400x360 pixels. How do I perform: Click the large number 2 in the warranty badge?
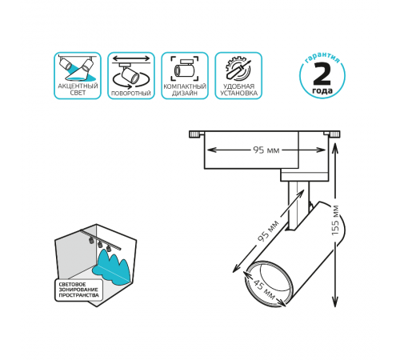tap(322, 74)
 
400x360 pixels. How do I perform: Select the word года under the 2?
tap(322, 90)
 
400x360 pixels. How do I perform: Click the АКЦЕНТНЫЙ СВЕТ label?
tap(78, 90)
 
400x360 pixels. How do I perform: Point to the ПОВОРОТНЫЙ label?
tap(131, 94)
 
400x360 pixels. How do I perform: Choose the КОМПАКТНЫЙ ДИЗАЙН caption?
tap(185, 90)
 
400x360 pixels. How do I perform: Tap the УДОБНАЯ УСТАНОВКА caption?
tap(238, 90)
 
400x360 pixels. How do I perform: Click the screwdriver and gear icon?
tap(238, 69)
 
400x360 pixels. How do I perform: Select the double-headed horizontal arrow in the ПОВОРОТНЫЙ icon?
tap(131, 58)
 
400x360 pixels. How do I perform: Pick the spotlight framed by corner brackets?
tap(185, 68)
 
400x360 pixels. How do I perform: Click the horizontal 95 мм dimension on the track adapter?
tap(266, 150)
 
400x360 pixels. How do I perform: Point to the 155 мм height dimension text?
tap(335, 220)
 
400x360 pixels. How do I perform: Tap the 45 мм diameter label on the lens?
tap(263, 290)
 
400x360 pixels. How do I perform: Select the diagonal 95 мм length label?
tap(269, 231)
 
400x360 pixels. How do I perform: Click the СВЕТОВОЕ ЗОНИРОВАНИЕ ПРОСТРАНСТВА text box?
tap(78, 290)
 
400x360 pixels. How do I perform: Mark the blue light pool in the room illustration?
tap(111, 269)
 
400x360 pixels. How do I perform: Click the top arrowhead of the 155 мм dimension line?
tap(335, 146)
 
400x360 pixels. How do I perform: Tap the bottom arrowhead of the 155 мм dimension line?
tap(335, 302)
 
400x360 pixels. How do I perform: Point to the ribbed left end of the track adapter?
tap(195, 134)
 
